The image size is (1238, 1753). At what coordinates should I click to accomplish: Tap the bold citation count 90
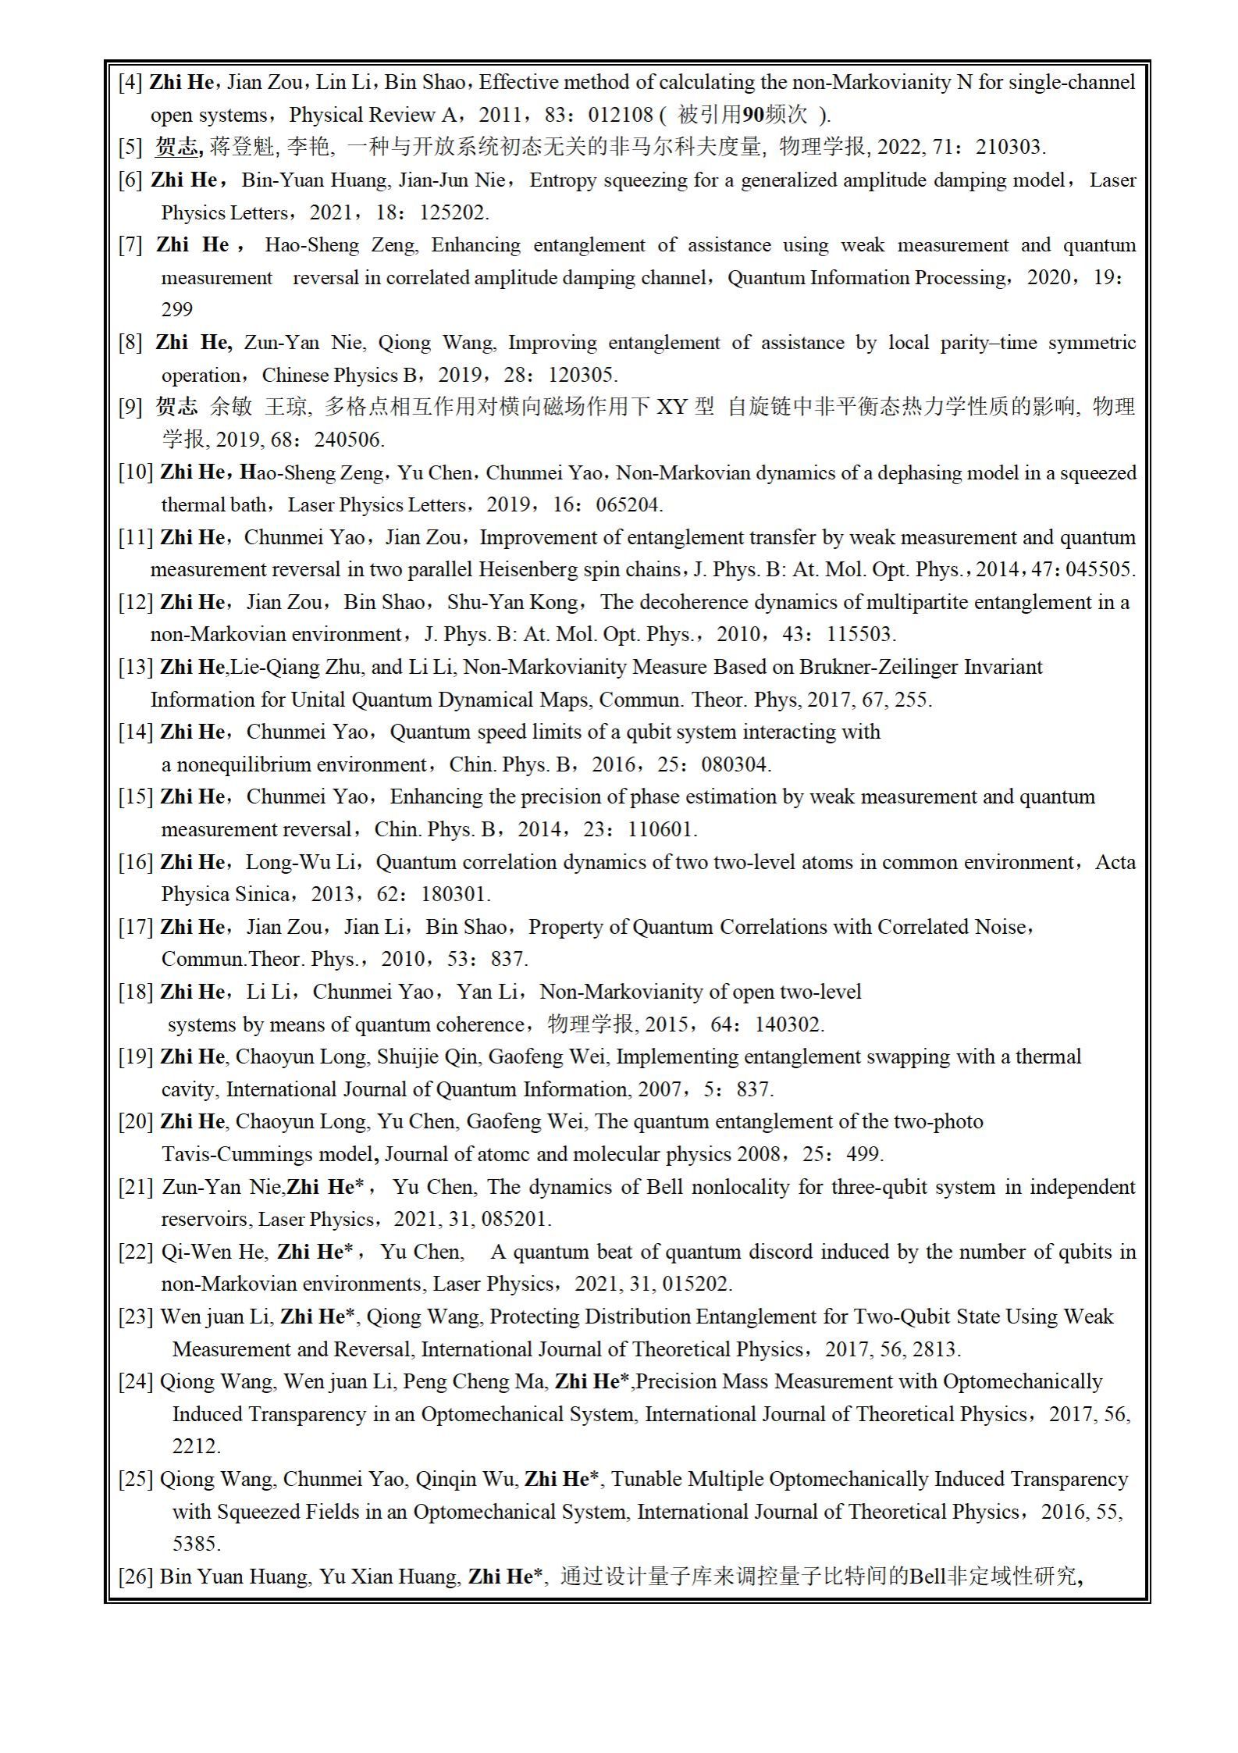coord(753,116)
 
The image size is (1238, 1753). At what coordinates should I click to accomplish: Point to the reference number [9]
coord(130,407)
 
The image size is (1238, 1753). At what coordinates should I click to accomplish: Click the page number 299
coord(177,310)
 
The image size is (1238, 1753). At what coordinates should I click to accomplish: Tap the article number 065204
coord(628,505)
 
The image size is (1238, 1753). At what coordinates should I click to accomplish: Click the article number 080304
coord(735,764)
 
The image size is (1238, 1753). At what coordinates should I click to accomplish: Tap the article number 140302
coord(789,1024)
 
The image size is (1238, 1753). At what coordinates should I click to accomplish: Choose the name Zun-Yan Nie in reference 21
coord(222,1188)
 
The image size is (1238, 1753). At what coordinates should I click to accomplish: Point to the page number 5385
coord(197,1545)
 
